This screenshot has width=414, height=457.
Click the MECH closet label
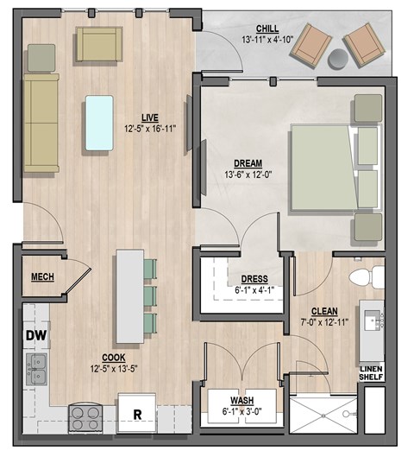click(x=43, y=276)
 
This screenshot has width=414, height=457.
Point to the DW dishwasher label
click(x=34, y=335)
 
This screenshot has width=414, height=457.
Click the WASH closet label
click(x=241, y=400)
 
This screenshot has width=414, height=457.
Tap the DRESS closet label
click(x=254, y=279)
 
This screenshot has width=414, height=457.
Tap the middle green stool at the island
click(x=150, y=295)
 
